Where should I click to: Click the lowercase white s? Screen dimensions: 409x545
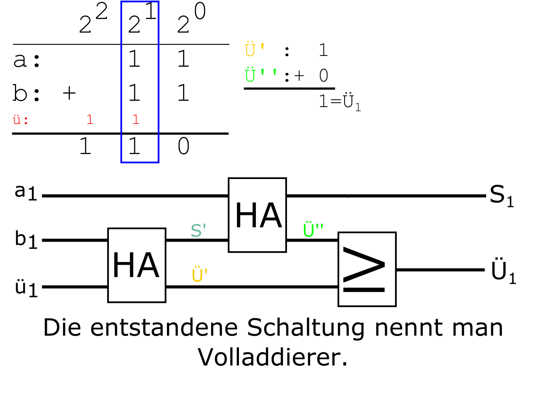tap(118, 27)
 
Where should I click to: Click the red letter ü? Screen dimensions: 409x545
tap(17, 120)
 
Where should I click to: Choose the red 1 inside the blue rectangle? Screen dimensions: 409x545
tap(135, 120)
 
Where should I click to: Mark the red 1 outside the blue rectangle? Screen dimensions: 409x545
tap(90, 120)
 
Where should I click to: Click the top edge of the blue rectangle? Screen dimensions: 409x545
tap(140, 2)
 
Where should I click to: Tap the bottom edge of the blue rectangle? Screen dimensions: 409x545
tap(140, 162)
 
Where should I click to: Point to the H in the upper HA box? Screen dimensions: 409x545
tap(246, 216)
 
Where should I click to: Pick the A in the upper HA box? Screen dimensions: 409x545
tap(271, 216)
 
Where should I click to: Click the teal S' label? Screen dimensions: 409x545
tap(198, 230)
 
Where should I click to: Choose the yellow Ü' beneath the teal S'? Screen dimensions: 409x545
tap(199, 275)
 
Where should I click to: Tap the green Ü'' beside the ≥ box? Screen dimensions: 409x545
tap(313, 230)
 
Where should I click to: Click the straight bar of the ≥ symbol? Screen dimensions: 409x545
tap(364, 290)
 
